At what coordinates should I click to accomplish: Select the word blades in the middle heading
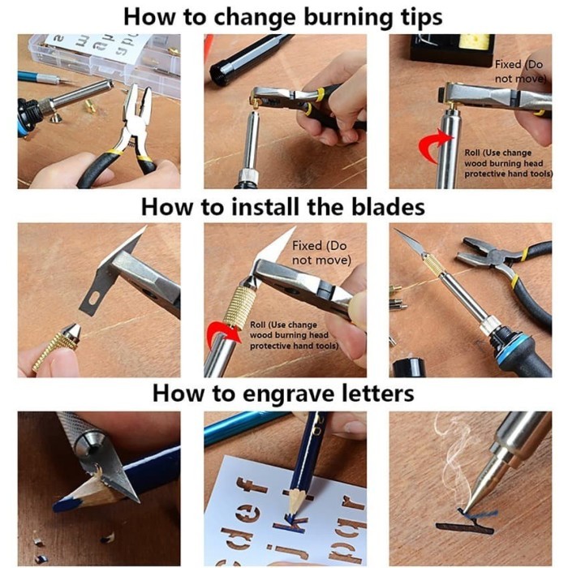pos(385,207)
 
